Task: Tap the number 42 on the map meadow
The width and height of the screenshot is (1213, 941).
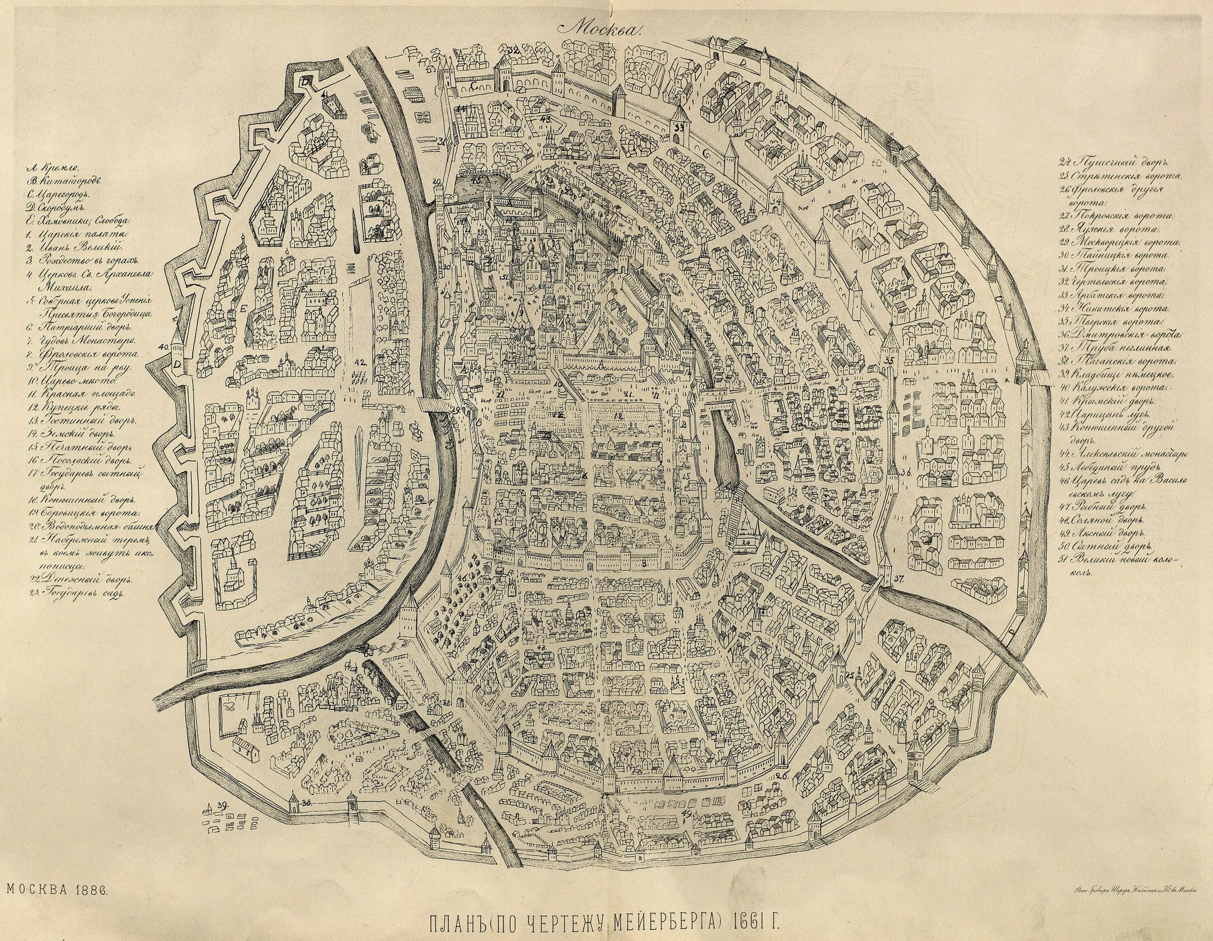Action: coord(360,362)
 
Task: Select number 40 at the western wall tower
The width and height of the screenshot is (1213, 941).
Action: coord(163,347)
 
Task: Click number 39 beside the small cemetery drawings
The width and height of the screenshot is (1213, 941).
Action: coord(223,805)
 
